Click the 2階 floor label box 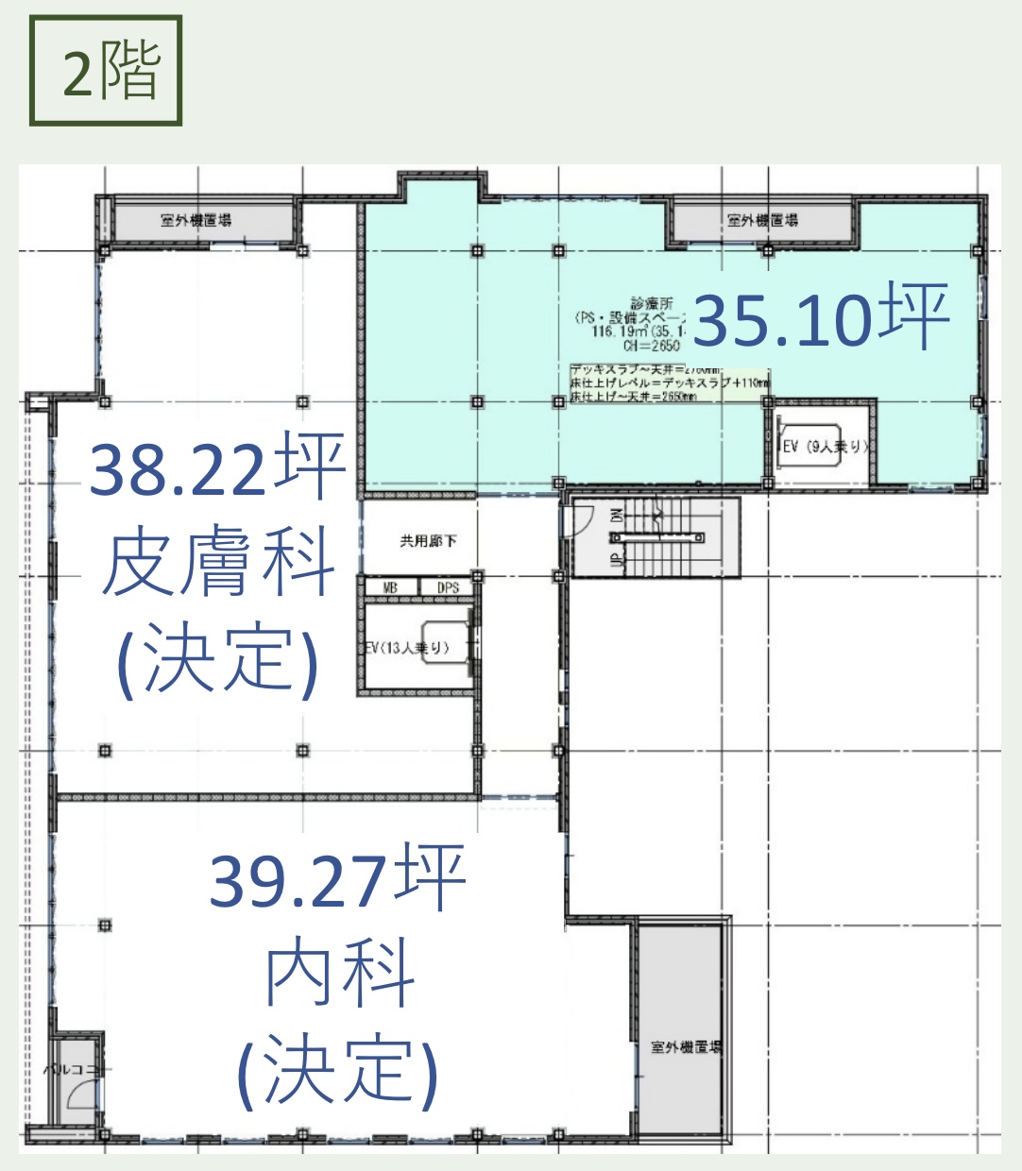click(x=106, y=71)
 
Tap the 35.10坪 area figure click(x=820, y=318)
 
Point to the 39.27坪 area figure click(x=337, y=879)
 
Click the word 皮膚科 click(x=218, y=564)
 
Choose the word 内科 click(x=340, y=974)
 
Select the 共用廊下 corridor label click(x=428, y=541)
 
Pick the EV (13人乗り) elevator click(x=416, y=648)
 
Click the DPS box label click(x=448, y=587)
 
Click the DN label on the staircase click(x=618, y=515)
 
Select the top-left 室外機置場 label click(x=196, y=221)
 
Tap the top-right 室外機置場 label click(x=762, y=221)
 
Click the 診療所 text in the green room click(x=652, y=304)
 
